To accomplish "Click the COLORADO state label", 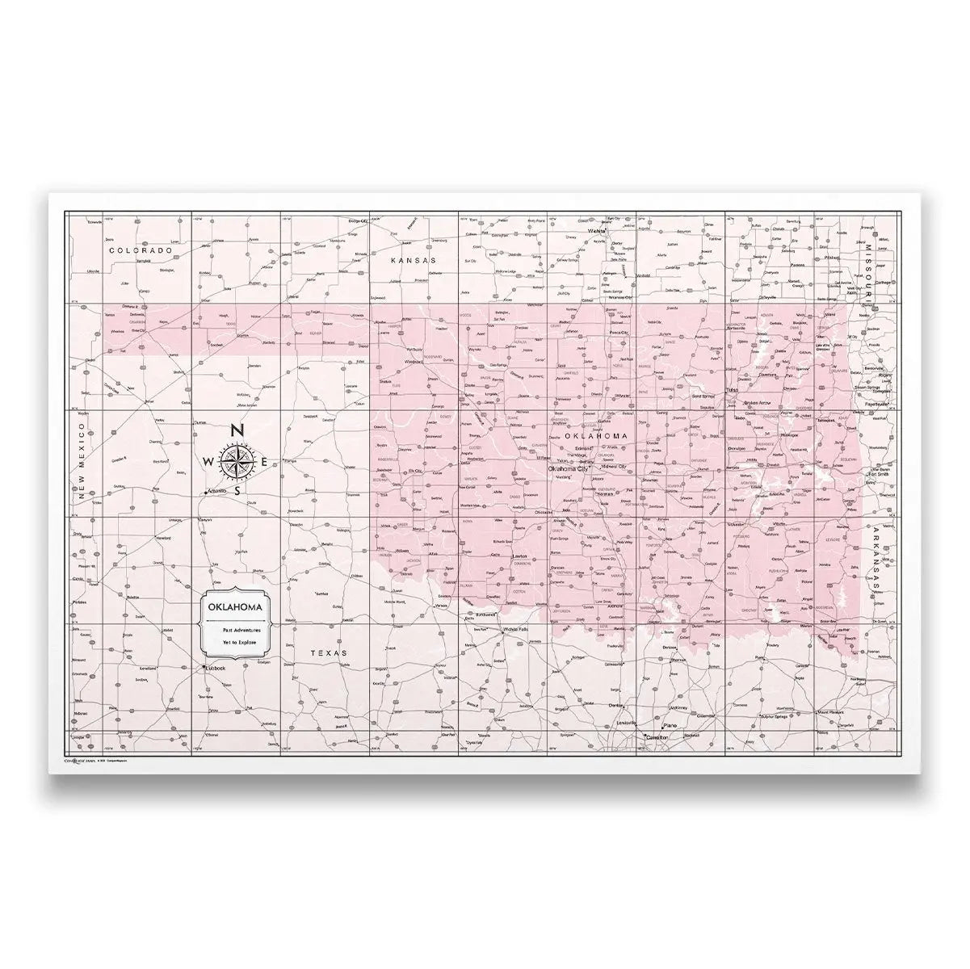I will point(141,251).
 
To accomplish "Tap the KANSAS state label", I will point(413,261).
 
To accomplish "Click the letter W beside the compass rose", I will point(208,462).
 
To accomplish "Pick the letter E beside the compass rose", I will point(265,462).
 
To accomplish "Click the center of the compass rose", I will point(237,462).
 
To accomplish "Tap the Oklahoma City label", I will point(568,468).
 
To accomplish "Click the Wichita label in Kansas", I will point(598,231).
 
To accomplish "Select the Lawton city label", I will point(521,556).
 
